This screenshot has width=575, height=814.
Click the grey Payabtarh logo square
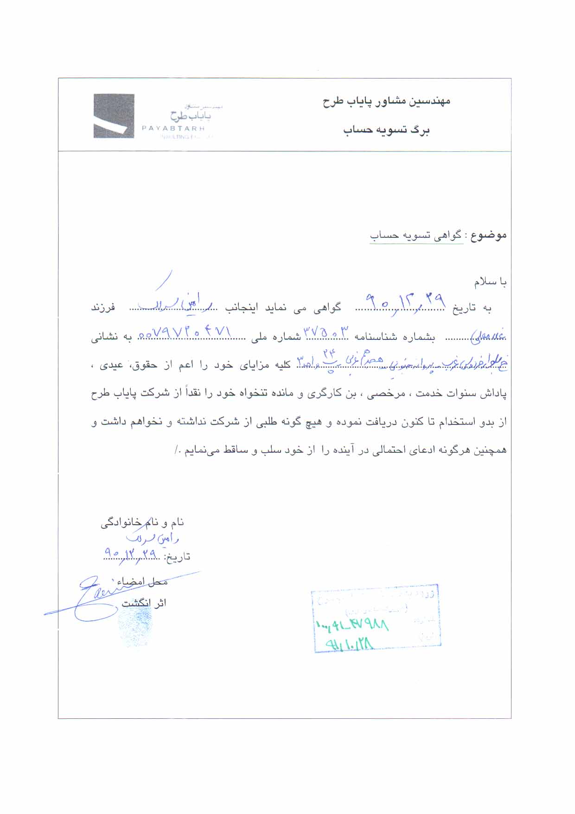[114, 116]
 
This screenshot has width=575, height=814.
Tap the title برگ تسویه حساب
[386, 130]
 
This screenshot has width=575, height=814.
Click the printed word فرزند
[102, 308]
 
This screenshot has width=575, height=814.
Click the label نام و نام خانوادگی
[142, 523]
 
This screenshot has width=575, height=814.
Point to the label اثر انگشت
[144, 603]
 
